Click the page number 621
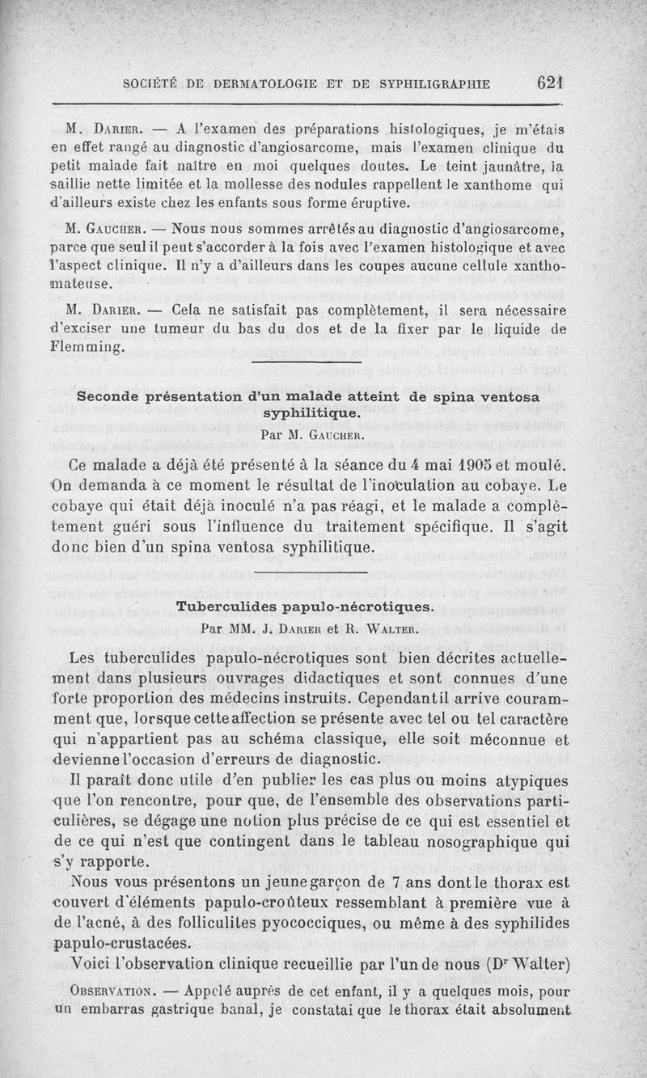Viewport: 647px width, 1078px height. click(x=548, y=82)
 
